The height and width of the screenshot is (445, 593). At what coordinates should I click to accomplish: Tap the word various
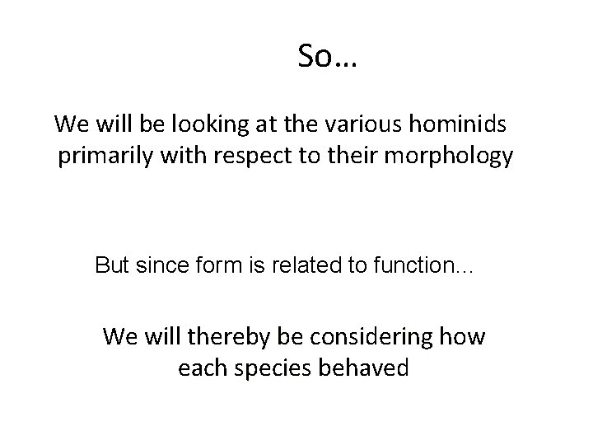click(x=346, y=125)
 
